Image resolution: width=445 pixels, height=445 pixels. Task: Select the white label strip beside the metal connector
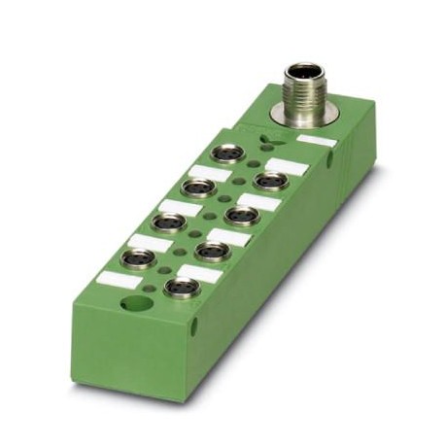(317, 143)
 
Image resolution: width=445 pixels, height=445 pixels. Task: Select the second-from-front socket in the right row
(209, 251)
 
